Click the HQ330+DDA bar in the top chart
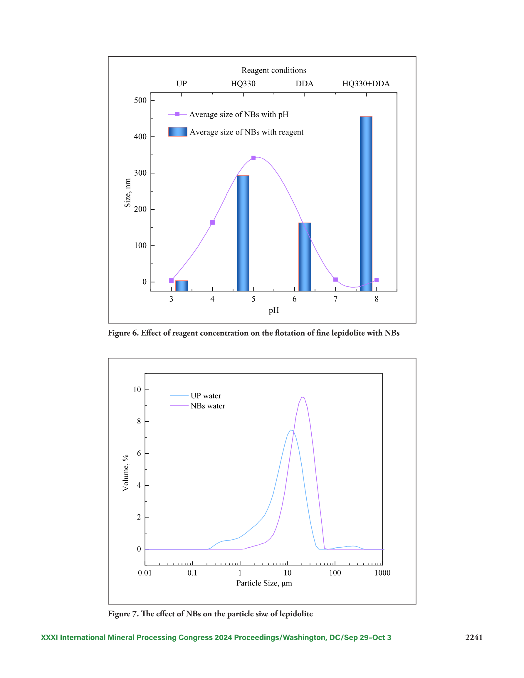coord(366,204)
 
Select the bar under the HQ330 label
coord(243,233)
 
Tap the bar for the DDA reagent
coord(304,257)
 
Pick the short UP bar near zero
coord(182,286)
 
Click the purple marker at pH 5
coord(253,158)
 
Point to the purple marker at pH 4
coord(212,222)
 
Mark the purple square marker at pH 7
coord(335,280)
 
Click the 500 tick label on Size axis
coord(140,100)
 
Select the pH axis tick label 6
coord(295,299)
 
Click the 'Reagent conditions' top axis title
coord(274,70)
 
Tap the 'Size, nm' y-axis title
coord(127,193)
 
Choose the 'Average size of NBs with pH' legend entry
coord(228,114)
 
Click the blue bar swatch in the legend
coord(178,132)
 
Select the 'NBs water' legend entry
coord(198,406)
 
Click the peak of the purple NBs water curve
coord(302,397)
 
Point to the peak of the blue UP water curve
coord(290,430)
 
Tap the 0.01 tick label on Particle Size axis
coord(145,573)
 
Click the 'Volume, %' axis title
coord(125,473)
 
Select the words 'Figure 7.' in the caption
coord(123,614)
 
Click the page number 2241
coord(474,637)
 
